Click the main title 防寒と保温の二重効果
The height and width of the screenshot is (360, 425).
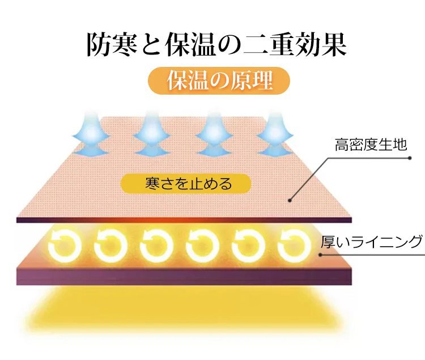pyautogui.click(x=216, y=44)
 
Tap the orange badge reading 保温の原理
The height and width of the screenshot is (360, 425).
pyautogui.click(x=219, y=81)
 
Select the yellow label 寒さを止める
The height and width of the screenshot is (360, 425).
pyautogui.click(x=186, y=184)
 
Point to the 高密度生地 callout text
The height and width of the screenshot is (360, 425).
pyautogui.click(x=371, y=145)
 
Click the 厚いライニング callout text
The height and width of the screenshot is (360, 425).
pyautogui.click(x=372, y=242)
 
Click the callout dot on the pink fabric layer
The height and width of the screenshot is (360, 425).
pyautogui.click(x=290, y=200)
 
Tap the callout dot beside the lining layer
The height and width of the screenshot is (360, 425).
pyautogui.click(x=320, y=255)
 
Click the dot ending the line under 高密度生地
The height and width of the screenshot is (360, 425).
pyautogui.click(x=410, y=158)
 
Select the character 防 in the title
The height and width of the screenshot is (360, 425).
pyautogui.click(x=99, y=44)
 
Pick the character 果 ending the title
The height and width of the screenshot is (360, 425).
pyautogui.click(x=334, y=44)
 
